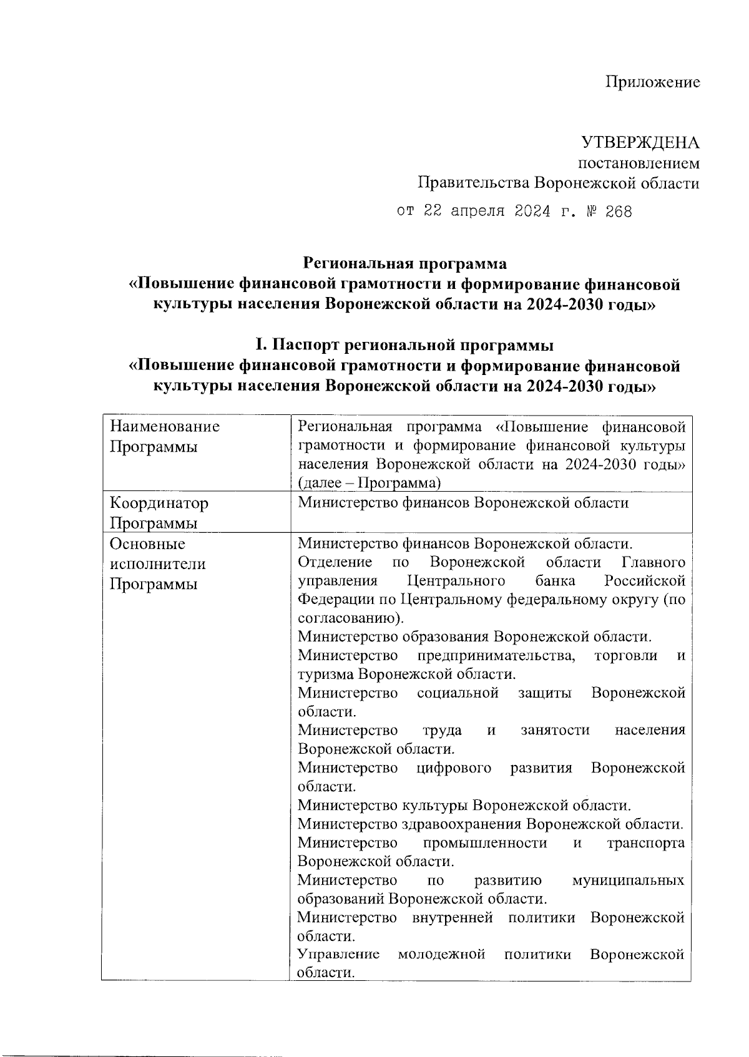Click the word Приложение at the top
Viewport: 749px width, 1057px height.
tap(653, 82)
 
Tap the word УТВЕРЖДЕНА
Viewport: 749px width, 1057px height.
tap(640, 143)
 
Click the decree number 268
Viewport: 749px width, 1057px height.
tap(619, 212)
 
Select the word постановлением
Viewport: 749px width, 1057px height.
tap(640, 163)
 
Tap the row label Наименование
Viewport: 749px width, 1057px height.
tap(165, 427)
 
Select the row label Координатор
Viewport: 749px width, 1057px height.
tap(159, 502)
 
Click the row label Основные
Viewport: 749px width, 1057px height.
tap(147, 543)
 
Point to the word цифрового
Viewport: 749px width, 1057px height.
tap(454, 767)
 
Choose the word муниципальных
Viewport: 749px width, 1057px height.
tap(628, 880)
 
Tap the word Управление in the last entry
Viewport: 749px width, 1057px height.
tap(339, 955)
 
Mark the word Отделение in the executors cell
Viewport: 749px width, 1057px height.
tap(335, 562)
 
